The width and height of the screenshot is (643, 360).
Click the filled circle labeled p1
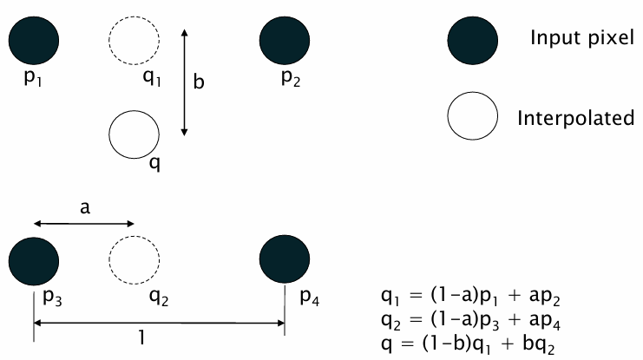coord(34,41)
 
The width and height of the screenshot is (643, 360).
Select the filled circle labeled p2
coord(285,41)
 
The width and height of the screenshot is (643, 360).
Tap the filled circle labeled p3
coord(34,261)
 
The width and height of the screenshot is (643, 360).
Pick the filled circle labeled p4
coord(285,259)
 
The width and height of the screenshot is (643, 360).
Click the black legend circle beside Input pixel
coord(472,41)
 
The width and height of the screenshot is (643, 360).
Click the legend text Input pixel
coord(582,38)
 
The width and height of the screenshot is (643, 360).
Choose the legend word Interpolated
coord(575,118)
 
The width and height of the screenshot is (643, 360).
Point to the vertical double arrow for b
coord(185,82)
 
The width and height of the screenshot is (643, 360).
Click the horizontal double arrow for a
coord(84,224)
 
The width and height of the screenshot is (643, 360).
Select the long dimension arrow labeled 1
coord(159,323)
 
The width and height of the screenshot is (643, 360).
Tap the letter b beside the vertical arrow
coord(199,82)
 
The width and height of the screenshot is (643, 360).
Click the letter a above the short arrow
coord(85,208)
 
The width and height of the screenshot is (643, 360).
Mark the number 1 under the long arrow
coord(141,337)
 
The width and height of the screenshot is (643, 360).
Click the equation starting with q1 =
coord(470,297)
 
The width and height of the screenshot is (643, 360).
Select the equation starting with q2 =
coord(470,320)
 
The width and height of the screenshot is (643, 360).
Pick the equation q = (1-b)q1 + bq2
coord(468,344)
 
